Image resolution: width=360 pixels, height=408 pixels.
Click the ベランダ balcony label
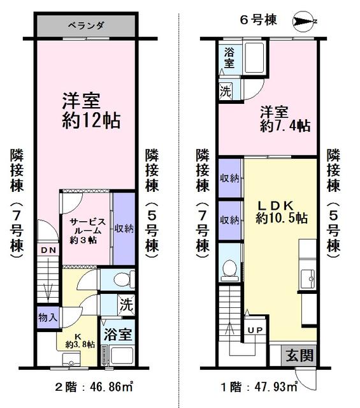coord(86,25)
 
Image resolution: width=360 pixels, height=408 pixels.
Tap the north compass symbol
coord(303,22)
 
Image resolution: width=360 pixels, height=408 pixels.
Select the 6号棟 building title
coord(258,20)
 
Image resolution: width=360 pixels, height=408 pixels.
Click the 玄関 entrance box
coord(299,356)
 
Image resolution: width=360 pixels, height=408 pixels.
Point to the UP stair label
coord(255,330)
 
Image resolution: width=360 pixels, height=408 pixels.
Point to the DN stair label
coord(48,251)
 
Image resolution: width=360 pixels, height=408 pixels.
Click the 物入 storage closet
coord(48,317)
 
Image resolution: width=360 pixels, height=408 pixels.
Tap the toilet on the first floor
coord(229,270)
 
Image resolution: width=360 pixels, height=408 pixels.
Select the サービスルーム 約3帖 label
coord(87,231)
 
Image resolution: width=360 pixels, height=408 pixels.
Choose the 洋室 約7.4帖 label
coord(285,119)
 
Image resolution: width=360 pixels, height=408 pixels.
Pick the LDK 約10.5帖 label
coord(282,212)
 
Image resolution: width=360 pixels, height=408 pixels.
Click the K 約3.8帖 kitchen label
coord(80,342)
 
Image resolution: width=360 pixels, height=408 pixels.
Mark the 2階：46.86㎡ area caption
coord(94,387)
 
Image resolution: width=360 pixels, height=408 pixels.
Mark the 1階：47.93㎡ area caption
coord(259,387)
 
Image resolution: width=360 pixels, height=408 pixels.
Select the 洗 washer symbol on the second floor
coord(126,304)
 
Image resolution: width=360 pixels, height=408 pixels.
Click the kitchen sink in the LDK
coord(308,279)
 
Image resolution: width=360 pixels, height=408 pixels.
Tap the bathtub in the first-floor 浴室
coord(255,57)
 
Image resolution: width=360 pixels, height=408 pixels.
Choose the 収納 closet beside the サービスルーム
coord(124,229)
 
